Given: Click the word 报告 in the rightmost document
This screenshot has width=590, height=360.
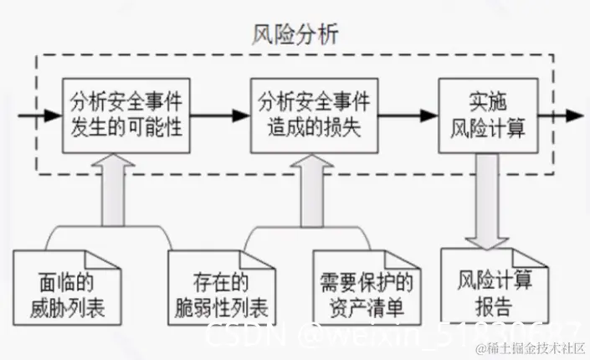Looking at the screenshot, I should coord(493,302).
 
